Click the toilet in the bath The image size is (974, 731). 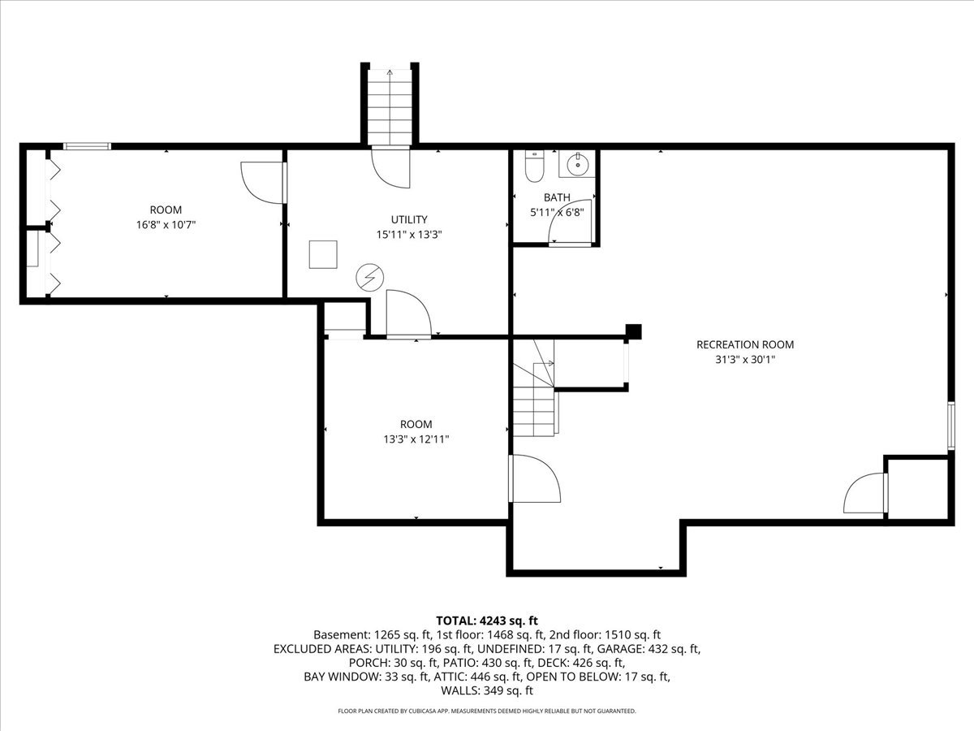point(534,166)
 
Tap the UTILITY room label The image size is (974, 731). point(409,219)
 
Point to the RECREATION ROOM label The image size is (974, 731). point(745,344)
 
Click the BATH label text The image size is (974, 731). point(557,197)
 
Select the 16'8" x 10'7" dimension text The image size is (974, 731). point(166,225)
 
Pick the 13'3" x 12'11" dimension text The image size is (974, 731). point(416,439)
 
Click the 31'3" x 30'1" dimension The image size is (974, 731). point(745,360)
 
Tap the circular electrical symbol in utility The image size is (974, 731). point(369,278)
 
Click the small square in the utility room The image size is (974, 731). point(323,254)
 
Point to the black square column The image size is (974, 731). point(634,331)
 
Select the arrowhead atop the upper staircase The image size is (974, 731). point(390,72)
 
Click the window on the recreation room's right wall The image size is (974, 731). point(951,426)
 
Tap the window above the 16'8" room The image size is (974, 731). point(87,146)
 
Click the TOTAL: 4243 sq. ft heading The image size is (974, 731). point(487,620)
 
